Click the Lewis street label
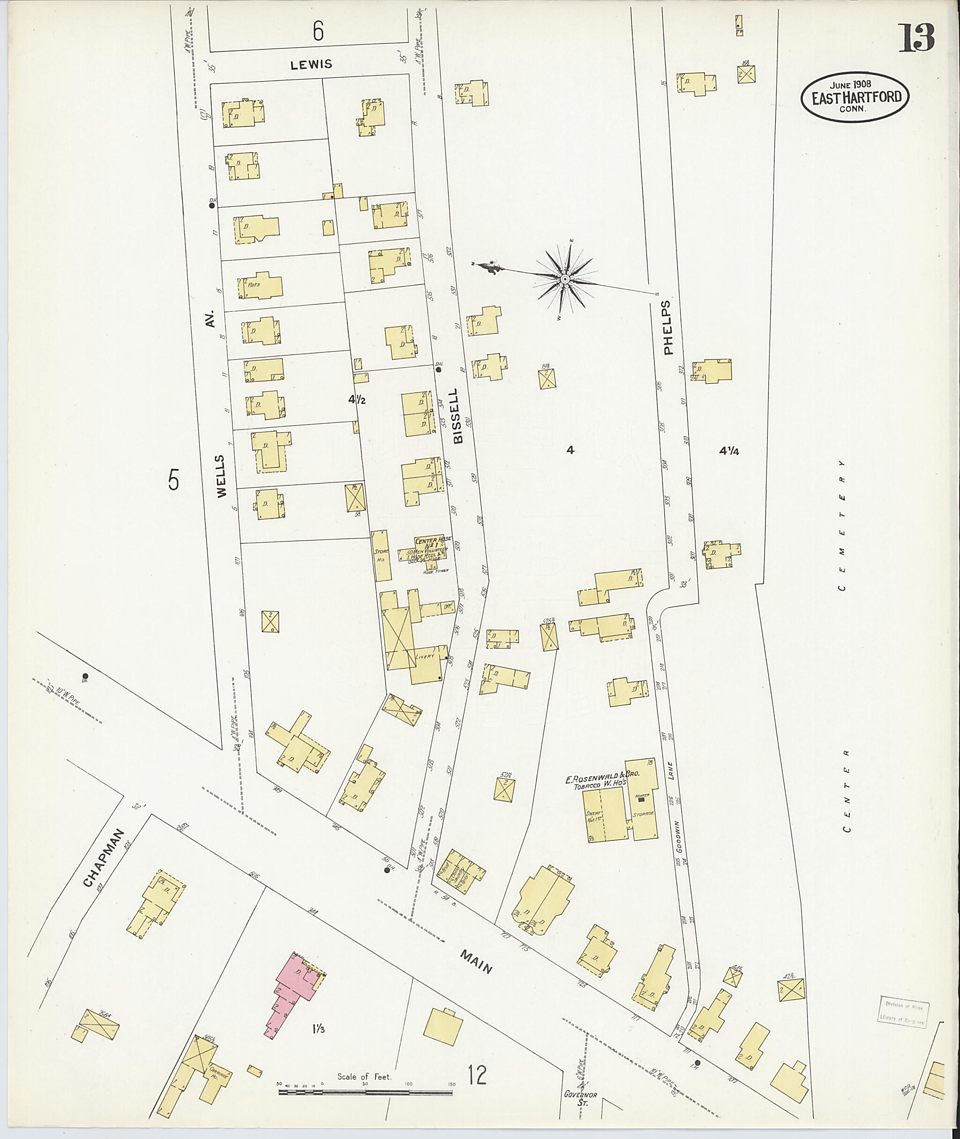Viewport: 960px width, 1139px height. pyautogui.click(x=311, y=65)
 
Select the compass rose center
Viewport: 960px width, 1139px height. pyautogui.click(x=565, y=279)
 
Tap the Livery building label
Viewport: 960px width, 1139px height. pyautogui.click(x=425, y=656)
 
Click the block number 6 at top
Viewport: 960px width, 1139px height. pyautogui.click(x=318, y=31)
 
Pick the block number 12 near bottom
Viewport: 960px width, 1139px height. pyautogui.click(x=477, y=1075)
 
